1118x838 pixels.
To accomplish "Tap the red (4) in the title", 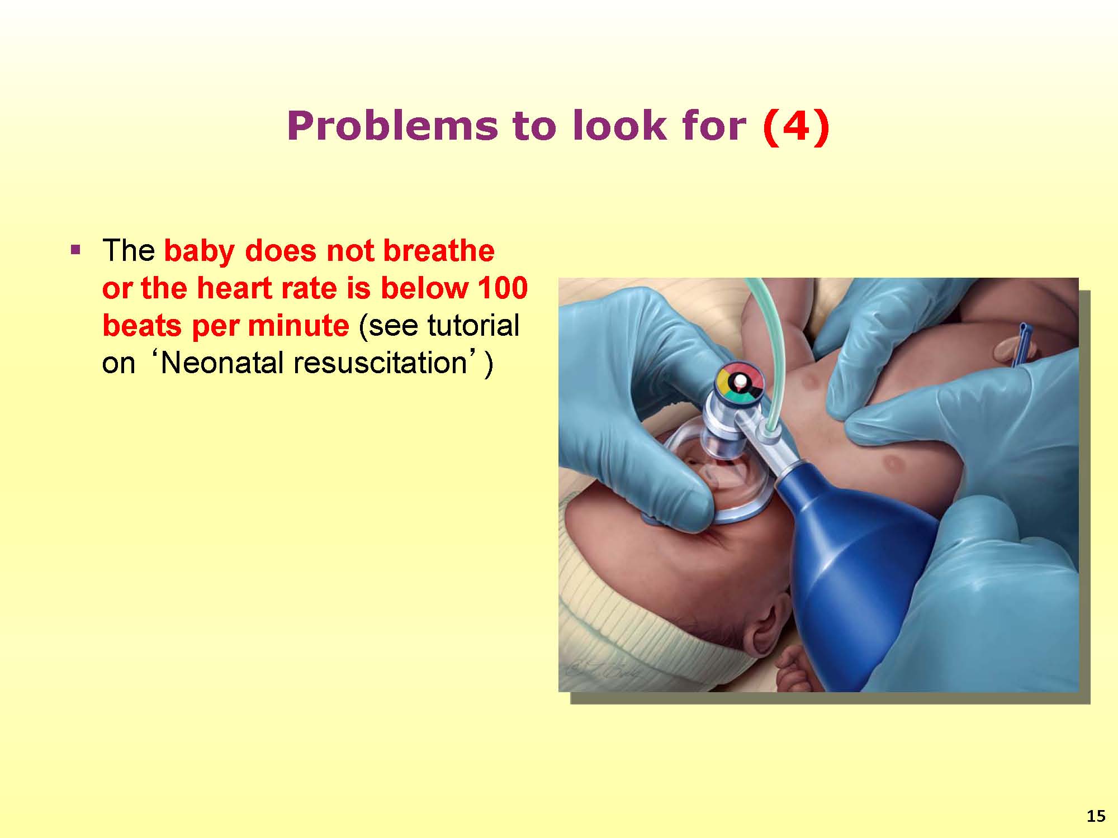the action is [x=796, y=126].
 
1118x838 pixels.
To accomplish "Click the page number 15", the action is [x=1096, y=816].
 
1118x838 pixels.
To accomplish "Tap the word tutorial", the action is [x=473, y=325].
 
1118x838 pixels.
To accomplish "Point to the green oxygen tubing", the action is [x=769, y=346].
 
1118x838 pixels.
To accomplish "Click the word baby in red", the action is [x=199, y=250].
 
